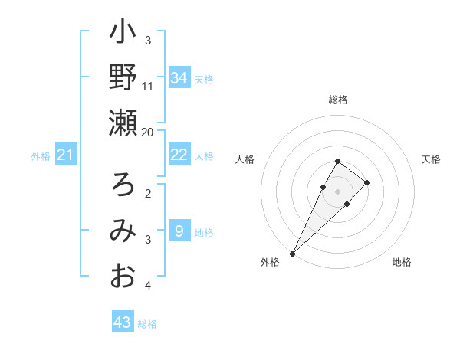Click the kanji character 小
click(x=123, y=34)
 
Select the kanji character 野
click(x=123, y=78)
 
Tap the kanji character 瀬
click(x=123, y=123)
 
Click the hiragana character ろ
click(x=123, y=185)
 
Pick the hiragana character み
click(x=123, y=231)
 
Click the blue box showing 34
click(x=179, y=78)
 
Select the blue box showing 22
click(x=179, y=155)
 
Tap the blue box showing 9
click(x=179, y=231)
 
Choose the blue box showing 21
click(x=65, y=155)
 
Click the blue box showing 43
click(x=122, y=322)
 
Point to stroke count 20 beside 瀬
click(x=148, y=132)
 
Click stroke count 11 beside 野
click(x=148, y=86)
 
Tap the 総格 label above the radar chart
click(x=338, y=100)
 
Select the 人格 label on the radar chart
click(x=245, y=159)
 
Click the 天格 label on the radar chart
click(x=431, y=159)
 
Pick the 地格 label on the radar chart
click(x=402, y=262)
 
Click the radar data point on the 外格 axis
click(x=292, y=253)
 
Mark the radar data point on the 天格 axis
click(x=367, y=182)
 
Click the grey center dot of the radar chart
click(x=338, y=191)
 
